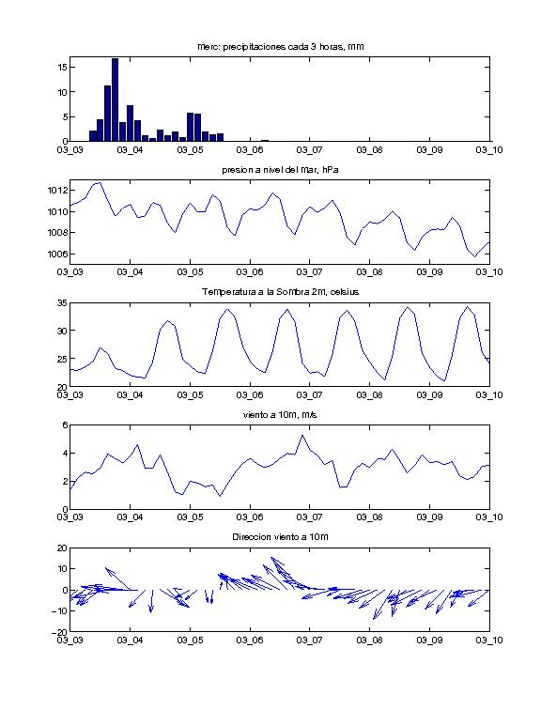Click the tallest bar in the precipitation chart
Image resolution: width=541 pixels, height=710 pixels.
tap(115, 100)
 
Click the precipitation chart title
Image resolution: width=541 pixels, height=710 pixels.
tap(281, 47)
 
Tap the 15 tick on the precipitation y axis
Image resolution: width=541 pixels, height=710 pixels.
tap(63, 67)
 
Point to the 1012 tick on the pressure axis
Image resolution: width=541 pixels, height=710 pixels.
tap(57, 190)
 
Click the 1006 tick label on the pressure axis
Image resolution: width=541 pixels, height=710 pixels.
tap(57, 254)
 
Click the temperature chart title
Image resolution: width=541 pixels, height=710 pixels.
tap(281, 292)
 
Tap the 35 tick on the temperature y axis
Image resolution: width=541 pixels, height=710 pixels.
tap(63, 303)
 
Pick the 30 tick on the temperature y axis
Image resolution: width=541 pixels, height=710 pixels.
tap(63, 331)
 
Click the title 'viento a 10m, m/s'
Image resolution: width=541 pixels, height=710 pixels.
tap(280, 415)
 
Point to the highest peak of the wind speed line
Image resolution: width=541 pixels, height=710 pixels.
tap(302, 436)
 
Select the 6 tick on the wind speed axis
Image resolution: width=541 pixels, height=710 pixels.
tap(65, 425)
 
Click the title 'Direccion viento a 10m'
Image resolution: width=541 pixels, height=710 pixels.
tap(280, 537)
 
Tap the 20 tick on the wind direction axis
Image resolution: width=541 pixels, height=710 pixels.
tap(63, 548)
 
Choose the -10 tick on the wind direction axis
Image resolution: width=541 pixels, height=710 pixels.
tap(60, 610)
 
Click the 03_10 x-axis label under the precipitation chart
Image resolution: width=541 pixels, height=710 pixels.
tap(489, 150)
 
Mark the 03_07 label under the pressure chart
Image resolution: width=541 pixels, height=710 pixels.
tap(309, 272)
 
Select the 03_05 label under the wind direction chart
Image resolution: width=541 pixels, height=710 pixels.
tap(190, 641)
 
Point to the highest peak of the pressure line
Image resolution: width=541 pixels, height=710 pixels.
tap(99, 183)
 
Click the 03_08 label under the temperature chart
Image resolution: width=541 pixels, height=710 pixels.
tap(369, 395)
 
